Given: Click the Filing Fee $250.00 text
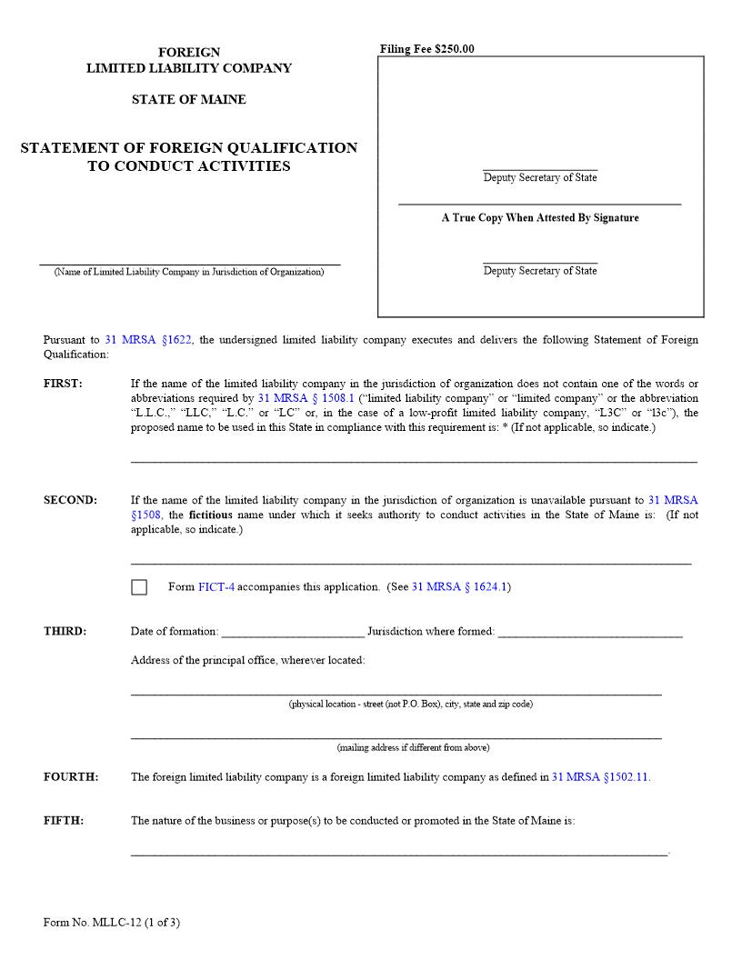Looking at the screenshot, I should pyautogui.click(x=427, y=49).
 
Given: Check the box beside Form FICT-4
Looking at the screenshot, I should pyautogui.click(x=139, y=587).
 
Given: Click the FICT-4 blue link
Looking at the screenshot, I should pyautogui.click(x=216, y=587).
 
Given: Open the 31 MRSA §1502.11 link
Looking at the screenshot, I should pyautogui.click(x=601, y=777).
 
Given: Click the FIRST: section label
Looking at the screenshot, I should pyautogui.click(x=63, y=384).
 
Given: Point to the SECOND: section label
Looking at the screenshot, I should pyautogui.click(x=70, y=500).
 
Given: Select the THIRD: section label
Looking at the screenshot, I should pyautogui.click(x=65, y=632).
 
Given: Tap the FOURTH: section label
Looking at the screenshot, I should pyautogui.click(x=71, y=777).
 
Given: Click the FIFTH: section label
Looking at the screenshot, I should pyautogui.click(x=64, y=821).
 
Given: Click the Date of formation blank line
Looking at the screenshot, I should pyautogui.click(x=292, y=634).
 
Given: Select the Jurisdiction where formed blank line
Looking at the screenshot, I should pyautogui.click(x=590, y=634).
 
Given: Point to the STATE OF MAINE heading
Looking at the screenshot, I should pyautogui.click(x=188, y=100).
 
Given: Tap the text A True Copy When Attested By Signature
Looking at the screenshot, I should pyautogui.click(x=540, y=218).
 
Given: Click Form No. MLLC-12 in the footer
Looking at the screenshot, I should pyautogui.click(x=111, y=923).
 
